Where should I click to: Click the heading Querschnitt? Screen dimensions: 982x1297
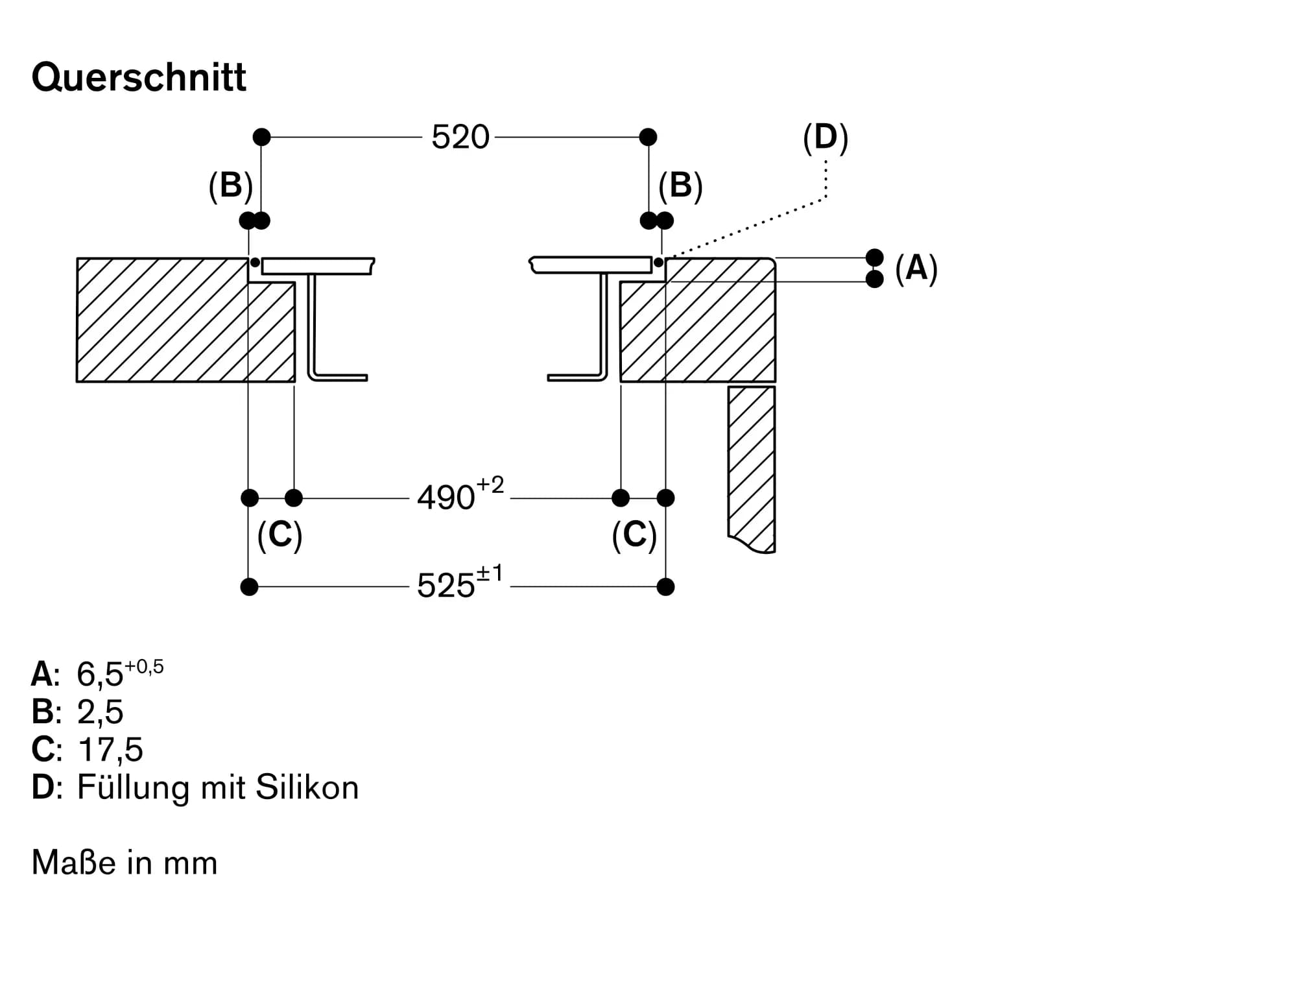click(x=139, y=78)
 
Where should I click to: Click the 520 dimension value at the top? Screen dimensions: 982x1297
click(x=460, y=138)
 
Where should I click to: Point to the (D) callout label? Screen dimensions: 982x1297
click(x=826, y=138)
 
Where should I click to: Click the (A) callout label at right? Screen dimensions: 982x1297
click(x=916, y=268)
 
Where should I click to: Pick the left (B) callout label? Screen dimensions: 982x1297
click(x=230, y=186)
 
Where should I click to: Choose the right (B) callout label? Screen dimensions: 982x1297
click(x=680, y=186)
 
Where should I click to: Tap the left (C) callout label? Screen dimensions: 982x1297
click(x=280, y=536)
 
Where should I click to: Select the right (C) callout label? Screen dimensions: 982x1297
click(x=634, y=536)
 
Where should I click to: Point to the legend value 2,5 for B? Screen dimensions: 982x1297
click(x=100, y=712)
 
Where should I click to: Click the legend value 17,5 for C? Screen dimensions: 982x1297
click(x=110, y=749)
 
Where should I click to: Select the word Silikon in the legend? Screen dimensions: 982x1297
click(x=307, y=787)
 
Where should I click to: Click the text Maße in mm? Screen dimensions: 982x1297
click(x=125, y=863)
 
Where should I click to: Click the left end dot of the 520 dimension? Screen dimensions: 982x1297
click(x=261, y=137)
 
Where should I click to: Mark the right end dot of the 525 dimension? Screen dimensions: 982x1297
click(x=665, y=587)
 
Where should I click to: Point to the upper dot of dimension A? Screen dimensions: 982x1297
click(x=875, y=257)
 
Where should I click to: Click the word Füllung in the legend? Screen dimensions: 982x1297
click(x=134, y=787)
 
